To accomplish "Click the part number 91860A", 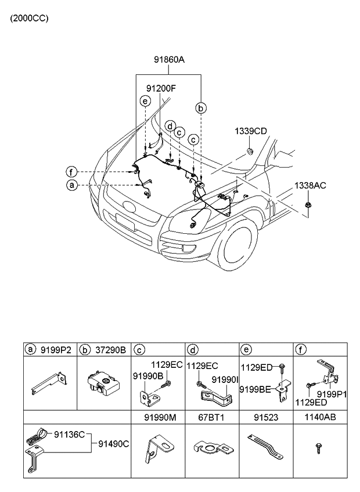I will pyautogui.click(x=169, y=59).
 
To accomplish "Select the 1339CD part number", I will pyautogui.click(x=251, y=131).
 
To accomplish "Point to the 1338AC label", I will pyautogui.click(x=309, y=186).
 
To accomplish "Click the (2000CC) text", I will pyautogui.click(x=29, y=18).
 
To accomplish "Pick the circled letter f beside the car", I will pyautogui.click(x=71, y=172).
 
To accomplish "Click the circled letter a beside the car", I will pyautogui.click(x=71, y=185).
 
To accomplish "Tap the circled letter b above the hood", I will pyautogui.click(x=200, y=108).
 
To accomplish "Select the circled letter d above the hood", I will pyautogui.click(x=170, y=126).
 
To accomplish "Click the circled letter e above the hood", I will pyautogui.click(x=145, y=102).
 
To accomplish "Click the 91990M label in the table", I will pyautogui.click(x=160, y=417).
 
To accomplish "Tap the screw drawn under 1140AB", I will pyautogui.click(x=318, y=449).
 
